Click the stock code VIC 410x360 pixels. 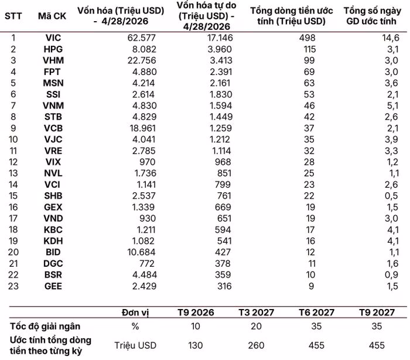tap(53, 38)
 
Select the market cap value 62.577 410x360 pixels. tap(142, 38)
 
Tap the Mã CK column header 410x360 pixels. tap(52, 16)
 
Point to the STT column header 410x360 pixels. tap(13, 16)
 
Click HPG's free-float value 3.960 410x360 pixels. tap(220, 49)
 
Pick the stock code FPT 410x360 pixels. tap(52, 72)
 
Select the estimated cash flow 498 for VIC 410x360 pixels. tap(307, 38)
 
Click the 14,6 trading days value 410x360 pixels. tap(391, 38)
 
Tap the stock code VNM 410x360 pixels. tap(53, 106)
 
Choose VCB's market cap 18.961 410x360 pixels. tap(143, 128)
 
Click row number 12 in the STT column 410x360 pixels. tap(13, 162)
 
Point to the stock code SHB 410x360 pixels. tap(53, 196)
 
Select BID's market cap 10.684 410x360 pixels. tap(142, 252)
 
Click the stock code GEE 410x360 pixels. tap(53, 286)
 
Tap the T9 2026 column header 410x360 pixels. tap(196, 313)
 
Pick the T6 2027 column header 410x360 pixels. tap(317, 313)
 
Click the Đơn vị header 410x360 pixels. tap(135, 313)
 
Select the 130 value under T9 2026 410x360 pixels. tap(195, 345)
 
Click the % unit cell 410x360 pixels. tap(135, 327)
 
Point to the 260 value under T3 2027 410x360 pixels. tap(256, 345)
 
